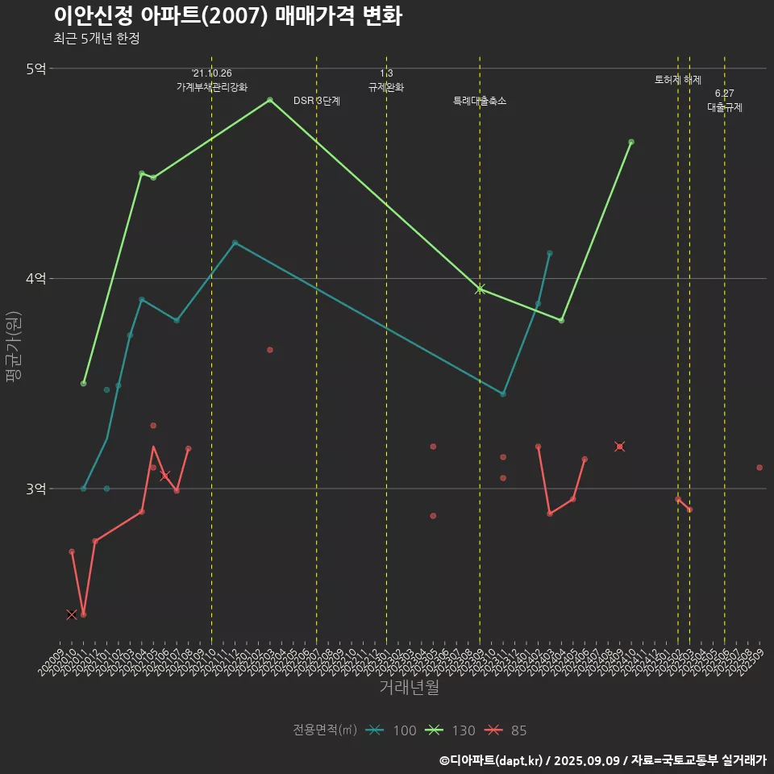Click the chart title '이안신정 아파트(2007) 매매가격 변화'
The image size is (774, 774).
[x=227, y=16]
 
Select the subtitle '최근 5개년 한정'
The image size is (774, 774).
[x=97, y=39]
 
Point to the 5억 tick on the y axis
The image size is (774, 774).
[x=35, y=69]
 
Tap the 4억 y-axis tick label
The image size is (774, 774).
[x=35, y=278]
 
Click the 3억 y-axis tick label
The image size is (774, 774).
[x=35, y=489]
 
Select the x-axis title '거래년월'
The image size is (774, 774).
[x=409, y=688]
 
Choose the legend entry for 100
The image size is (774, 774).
[x=391, y=730]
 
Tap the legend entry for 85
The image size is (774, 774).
[x=506, y=730]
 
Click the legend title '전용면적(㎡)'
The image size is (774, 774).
[x=325, y=730]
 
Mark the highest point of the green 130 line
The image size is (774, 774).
[x=269, y=100]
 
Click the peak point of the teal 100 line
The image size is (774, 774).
[x=235, y=243]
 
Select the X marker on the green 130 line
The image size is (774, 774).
[x=480, y=289]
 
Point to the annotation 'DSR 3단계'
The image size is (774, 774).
[x=317, y=101]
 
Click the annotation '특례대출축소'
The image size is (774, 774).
[x=480, y=101]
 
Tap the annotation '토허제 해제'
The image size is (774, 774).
[x=678, y=80]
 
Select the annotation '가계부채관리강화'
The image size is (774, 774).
[x=212, y=86]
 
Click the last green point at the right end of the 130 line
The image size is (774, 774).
[x=631, y=142]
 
